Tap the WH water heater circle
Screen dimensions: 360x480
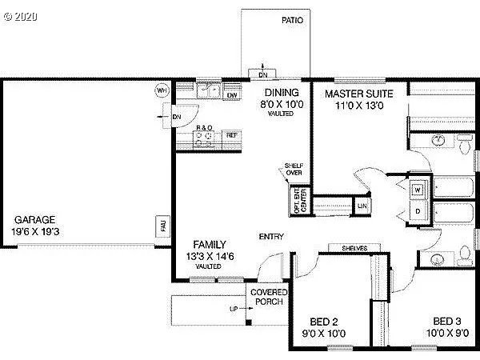coord(162,90)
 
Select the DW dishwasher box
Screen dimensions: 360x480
coord(232,96)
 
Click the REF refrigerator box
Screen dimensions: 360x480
coord(231,135)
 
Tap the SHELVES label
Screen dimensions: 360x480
coord(354,249)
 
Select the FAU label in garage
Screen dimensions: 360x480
coord(164,227)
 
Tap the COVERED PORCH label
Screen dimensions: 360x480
coord(269,298)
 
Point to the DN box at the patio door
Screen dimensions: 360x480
coord(263,75)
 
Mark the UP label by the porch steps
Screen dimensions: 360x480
coord(234,307)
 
